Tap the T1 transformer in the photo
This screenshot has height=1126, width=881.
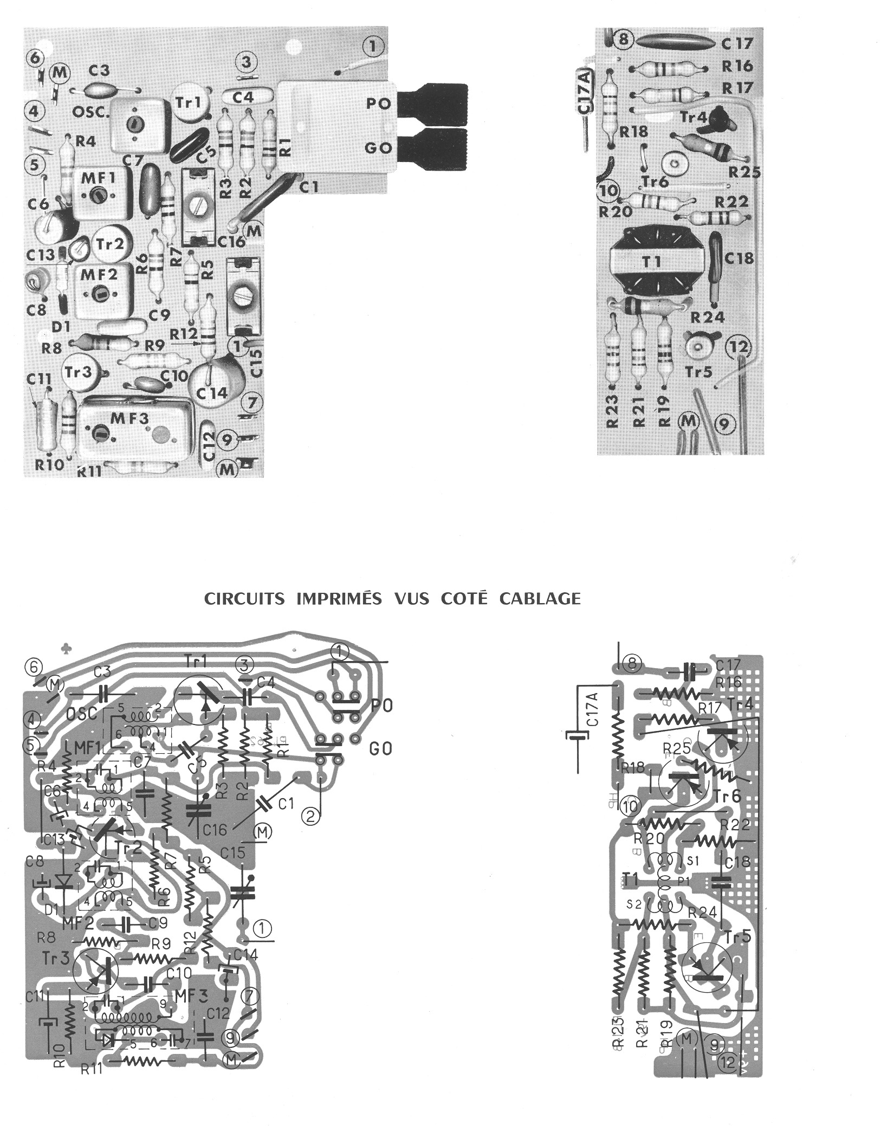pos(652,262)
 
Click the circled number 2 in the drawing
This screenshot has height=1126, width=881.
pos(310,832)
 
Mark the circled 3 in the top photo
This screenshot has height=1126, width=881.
pos(247,62)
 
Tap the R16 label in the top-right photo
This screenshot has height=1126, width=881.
pos(737,66)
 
